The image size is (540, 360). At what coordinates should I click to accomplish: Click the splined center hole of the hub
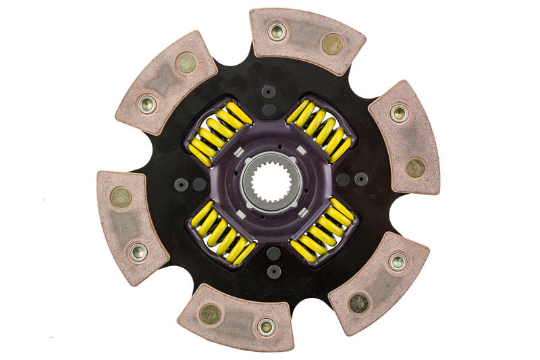[269, 180]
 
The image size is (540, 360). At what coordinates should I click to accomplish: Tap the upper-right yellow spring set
[319, 130]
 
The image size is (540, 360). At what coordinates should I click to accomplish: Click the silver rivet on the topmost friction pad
[276, 30]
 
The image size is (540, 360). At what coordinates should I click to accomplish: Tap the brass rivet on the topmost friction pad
[332, 45]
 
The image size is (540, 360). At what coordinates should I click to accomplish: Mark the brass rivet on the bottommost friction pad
[210, 313]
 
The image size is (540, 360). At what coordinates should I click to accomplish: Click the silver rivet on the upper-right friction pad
[399, 112]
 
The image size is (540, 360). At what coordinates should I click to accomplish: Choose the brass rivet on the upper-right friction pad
[414, 167]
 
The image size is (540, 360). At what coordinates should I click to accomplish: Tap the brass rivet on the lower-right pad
[358, 303]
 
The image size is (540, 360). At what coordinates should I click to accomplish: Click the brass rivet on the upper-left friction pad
[186, 63]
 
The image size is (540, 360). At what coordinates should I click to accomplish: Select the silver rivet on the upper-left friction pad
[146, 103]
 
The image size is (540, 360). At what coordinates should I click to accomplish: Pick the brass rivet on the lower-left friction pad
[122, 197]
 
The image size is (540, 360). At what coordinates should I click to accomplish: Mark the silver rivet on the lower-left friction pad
[138, 252]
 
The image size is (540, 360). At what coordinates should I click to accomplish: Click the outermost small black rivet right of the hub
[361, 179]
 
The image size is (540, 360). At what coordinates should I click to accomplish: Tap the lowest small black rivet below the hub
[273, 271]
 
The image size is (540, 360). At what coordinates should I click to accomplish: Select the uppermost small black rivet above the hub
[269, 91]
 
